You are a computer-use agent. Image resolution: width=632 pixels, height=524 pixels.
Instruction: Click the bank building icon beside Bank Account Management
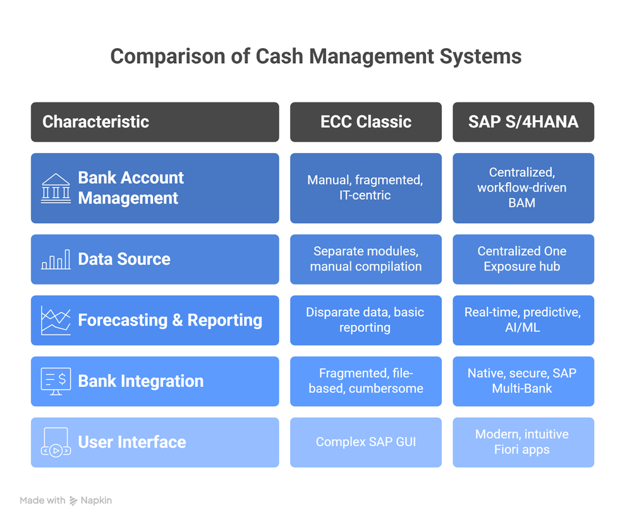pos(56,188)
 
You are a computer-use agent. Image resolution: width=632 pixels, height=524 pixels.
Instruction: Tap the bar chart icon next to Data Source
pos(56,260)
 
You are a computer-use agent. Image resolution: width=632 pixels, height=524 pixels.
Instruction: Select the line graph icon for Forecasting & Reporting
pos(56,320)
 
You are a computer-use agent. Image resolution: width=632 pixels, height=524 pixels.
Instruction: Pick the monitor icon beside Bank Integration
pos(56,381)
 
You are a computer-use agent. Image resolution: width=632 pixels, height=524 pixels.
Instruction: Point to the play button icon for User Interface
pos(56,442)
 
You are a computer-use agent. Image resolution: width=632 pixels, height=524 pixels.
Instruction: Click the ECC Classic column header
pos(366,122)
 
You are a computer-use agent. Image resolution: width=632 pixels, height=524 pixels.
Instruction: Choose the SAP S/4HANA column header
pos(523,122)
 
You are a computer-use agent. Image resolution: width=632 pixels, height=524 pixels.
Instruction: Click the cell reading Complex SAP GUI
pos(366,442)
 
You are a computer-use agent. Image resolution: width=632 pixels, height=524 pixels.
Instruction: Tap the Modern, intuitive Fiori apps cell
pos(523,442)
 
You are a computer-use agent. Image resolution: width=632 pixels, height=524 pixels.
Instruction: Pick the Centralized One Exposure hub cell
pos(523,259)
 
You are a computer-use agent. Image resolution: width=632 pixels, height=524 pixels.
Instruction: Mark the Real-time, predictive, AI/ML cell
pos(523,320)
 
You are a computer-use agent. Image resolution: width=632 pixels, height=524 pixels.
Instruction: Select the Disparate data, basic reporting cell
pos(366,320)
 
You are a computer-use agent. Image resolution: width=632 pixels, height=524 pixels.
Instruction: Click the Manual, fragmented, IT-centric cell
pos(366,188)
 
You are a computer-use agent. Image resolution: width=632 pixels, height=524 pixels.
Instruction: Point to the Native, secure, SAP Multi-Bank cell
pos(523,381)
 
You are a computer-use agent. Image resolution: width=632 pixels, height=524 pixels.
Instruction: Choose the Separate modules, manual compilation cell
pos(366,259)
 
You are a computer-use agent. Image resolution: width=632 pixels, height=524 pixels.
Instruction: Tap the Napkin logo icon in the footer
pos(74,501)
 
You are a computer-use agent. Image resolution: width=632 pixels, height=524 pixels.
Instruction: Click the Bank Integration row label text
pos(141,381)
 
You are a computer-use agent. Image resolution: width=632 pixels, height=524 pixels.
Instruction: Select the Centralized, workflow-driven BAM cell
pos(523,188)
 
